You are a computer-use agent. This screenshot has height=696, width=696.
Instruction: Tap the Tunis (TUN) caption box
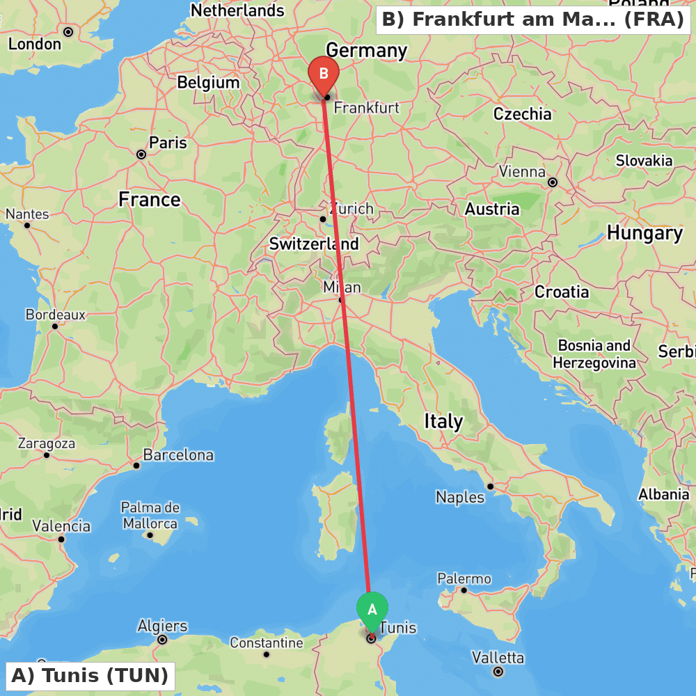[x=90, y=676]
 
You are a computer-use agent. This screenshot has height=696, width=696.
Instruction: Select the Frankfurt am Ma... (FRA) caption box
[x=533, y=19]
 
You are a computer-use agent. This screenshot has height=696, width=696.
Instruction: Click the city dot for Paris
[x=141, y=155]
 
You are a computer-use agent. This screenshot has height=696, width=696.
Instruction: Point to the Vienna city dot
[x=553, y=182]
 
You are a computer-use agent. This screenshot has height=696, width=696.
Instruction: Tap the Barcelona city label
[x=178, y=456]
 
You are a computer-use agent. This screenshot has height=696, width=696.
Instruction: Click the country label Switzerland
[x=314, y=244]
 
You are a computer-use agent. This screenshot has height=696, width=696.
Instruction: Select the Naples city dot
[x=491, y=487]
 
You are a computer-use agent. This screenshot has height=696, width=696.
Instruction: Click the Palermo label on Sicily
[x=464, y=579]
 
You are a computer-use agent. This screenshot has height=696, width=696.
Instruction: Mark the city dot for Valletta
[x=498, y=672]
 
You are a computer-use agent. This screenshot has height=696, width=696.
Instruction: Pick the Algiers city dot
[x=162, y=640]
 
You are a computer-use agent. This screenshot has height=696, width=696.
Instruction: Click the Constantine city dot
[x=267, y=654]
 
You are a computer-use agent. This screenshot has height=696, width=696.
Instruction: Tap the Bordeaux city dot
[x=55, y=326]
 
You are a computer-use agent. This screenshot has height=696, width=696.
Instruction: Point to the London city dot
[x=68, y=32]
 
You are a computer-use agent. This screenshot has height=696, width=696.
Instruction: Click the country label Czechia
[x=522, y=114]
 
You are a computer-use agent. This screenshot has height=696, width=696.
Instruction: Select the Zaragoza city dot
[x=47, y=455]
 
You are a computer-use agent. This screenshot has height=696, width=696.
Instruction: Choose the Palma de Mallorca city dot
[x=150, y=535]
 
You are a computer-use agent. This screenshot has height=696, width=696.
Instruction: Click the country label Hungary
[x=644, y=233]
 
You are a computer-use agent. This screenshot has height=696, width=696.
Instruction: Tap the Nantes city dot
[x=27, y=225]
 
